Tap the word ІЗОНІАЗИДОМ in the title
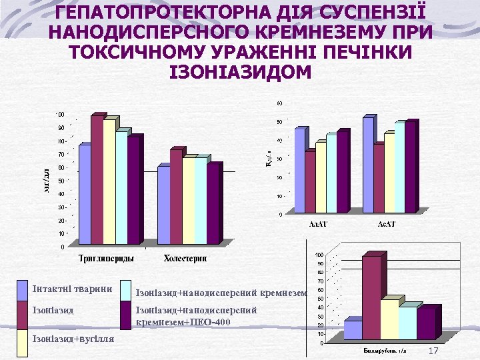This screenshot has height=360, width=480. (x=241, y=71)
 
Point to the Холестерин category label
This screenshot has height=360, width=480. (x=186, y=258)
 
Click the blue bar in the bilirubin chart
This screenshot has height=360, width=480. (x=352, y=329)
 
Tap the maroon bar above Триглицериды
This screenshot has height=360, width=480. (x=97, y=180)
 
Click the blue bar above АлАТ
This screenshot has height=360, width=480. (x=299, y=169)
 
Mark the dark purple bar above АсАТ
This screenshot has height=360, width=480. (x=411, y=166)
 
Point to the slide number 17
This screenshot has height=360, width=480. (x=433, y=351)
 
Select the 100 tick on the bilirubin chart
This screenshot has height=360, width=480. (x=319, y=255)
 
